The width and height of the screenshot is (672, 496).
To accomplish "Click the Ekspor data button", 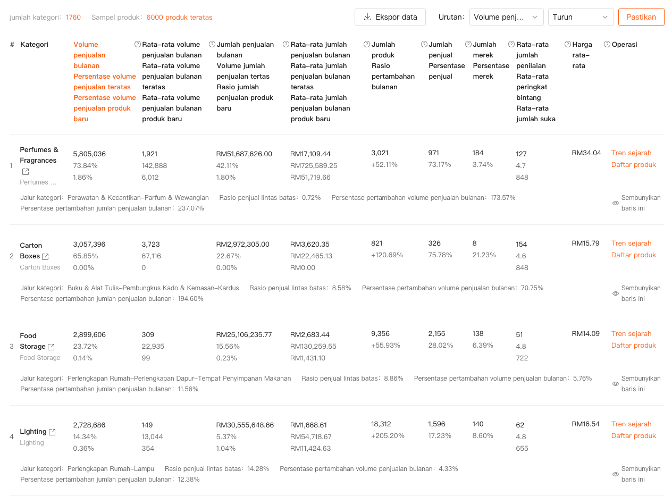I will (x=390, y=17).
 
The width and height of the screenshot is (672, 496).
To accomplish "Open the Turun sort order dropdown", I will (x=581, y=17).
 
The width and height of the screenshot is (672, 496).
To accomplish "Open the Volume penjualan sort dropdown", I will (x=506, y=17).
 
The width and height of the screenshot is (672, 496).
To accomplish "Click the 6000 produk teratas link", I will (x=179, y=18).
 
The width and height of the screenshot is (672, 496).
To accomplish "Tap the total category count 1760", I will (x=73, y=18).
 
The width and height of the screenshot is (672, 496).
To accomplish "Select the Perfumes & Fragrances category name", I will (x=39, y=155).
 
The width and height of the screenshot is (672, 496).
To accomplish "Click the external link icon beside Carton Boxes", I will (x=45, y=257).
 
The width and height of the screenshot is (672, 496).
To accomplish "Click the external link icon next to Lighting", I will (x=52, y=432).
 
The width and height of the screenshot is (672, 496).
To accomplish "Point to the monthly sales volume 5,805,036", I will (x=89, y=154).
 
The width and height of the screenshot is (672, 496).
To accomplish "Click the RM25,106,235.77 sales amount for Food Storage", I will (x=244, y=335).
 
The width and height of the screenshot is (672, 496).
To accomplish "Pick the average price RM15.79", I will (x=585, y=243).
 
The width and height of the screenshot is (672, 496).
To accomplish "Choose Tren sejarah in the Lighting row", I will (x=631, y=424).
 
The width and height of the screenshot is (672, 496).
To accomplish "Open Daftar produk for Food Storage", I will (x=633, y=346).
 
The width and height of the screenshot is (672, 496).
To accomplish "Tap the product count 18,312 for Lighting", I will (x=381, y=424).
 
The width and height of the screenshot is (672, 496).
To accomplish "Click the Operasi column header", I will (x=624, y=45).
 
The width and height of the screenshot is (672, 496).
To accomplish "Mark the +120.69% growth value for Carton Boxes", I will (x=387, y=255).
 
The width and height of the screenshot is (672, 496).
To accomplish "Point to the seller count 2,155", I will (x=439, y=334).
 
